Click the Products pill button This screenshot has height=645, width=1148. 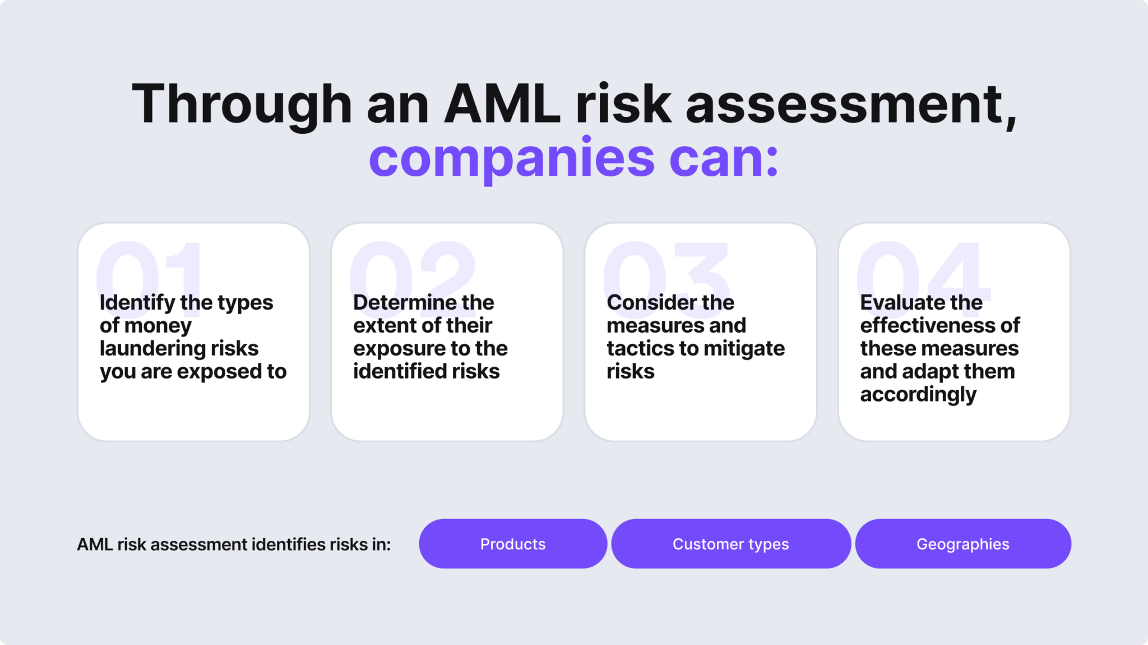[x=512, y=544]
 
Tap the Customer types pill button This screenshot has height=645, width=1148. [x=730, y=544]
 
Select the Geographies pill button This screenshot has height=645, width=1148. [x=962, y=544]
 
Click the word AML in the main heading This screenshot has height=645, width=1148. [x=502, y=104]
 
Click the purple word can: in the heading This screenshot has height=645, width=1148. [x=724, y=158]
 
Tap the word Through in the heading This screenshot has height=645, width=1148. [x=242, y=104]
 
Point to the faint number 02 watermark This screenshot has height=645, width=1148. [x=412, y=269]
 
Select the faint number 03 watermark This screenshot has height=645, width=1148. [x=666, y=269]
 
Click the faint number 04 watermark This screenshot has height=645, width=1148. [x=922, y=269]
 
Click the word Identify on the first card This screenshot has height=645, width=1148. [x=137, y=303]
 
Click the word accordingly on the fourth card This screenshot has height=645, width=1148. [x=918, y=395]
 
